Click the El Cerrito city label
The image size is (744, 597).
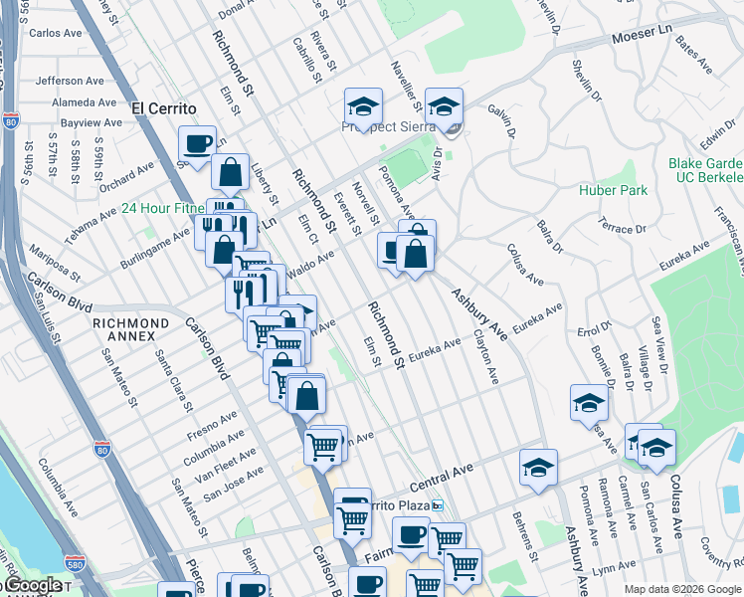(162, 107)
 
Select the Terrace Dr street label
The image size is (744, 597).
(623, 228)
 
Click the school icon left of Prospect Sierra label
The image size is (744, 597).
(364, 107)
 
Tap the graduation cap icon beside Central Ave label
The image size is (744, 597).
(538, 468)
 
